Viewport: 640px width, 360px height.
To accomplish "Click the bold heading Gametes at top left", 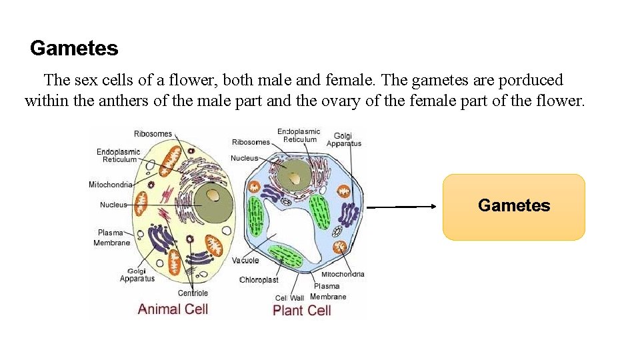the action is pos(74,49).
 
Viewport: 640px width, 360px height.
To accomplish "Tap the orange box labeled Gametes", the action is pos(514,206).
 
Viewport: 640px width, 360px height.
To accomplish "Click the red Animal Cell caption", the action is pos(173,309).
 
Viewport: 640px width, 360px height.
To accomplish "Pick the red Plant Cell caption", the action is pos(301,310).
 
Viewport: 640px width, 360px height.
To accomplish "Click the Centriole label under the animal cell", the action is pos(193,293).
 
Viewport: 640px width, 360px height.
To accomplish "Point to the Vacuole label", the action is pos(245,261).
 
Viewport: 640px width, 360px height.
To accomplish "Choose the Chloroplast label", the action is pos(259,280).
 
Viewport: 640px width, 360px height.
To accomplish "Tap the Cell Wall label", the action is pos(290,298).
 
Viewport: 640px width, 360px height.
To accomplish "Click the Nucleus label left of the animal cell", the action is pos(113,205).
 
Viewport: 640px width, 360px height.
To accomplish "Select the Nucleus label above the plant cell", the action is pos(244,158).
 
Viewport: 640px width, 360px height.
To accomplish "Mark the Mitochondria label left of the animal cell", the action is pos(111,185).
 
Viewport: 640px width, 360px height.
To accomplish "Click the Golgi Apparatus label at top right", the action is pos(344,139).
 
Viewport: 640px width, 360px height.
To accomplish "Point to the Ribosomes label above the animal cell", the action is pos(153,134).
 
